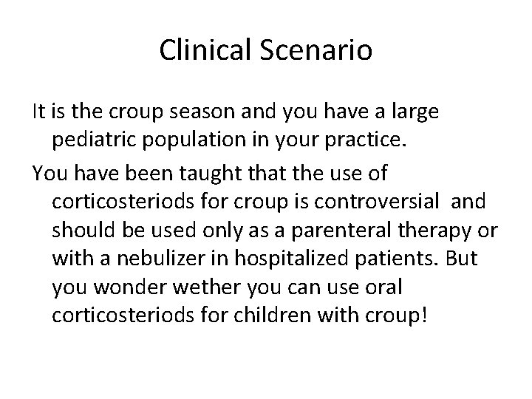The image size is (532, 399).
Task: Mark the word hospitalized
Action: coord(280,258)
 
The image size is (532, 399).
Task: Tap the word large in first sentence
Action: coord(415,112)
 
